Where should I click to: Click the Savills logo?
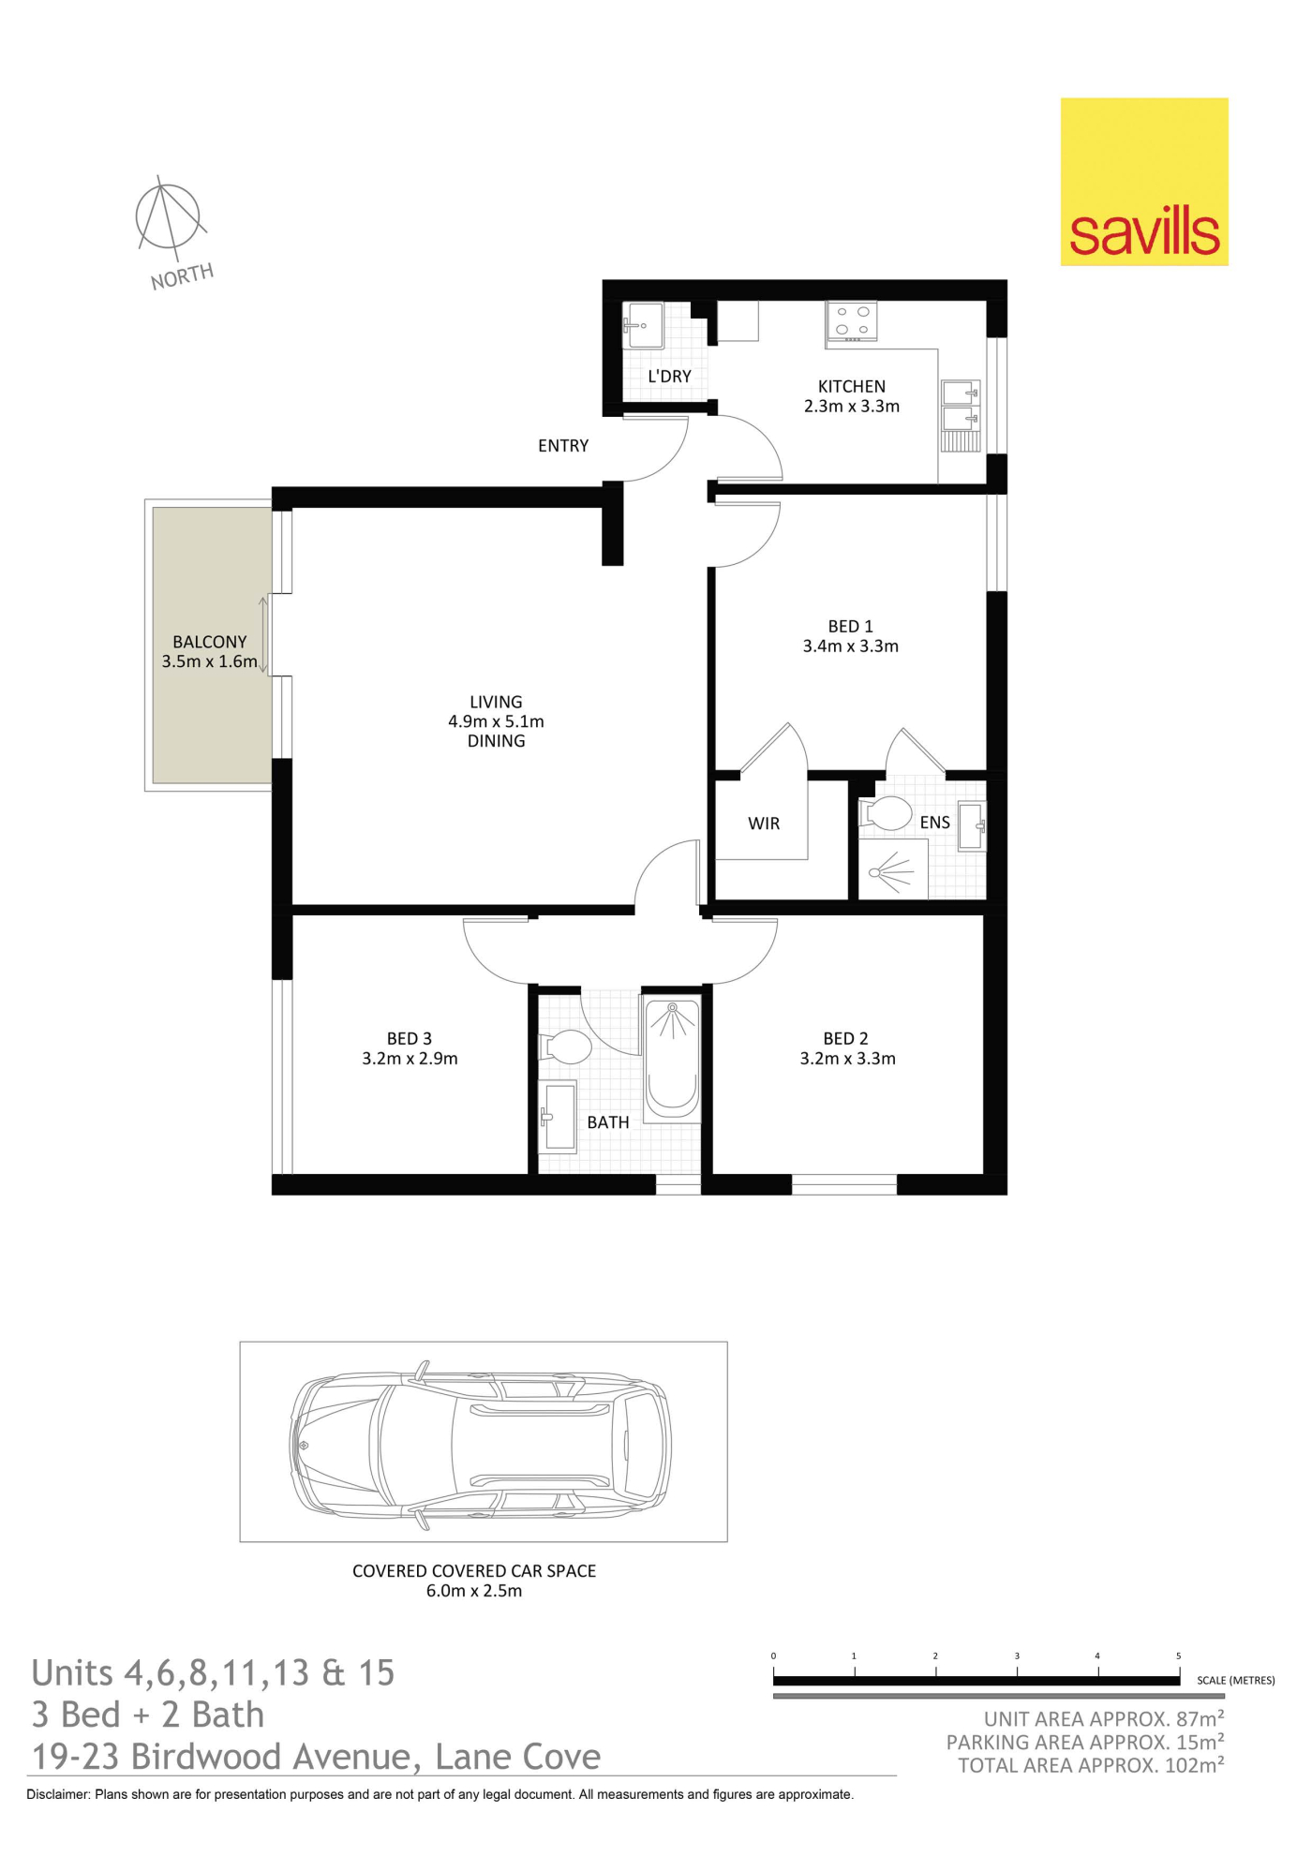point(1144,182)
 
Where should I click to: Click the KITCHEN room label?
point(851,386)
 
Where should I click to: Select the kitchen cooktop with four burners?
point(852,320)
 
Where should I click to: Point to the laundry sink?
point(644,325)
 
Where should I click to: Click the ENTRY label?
point(563,446)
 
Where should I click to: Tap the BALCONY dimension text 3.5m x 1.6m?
point(209,661)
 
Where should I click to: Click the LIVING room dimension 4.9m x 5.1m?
point(496,721)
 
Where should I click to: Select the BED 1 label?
point(850,626)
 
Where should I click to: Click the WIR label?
point(764,824)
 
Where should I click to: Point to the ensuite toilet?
point(885,813)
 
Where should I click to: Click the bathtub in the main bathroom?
point(672,1060)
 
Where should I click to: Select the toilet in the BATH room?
point(565,1047)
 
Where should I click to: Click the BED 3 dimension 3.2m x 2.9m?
point(410,1059)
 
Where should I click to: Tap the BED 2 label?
point(845,1038)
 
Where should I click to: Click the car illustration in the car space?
point(481,1445)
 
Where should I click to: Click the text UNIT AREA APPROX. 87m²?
point(1104,1718)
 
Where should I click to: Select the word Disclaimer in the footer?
point(58,1794)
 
